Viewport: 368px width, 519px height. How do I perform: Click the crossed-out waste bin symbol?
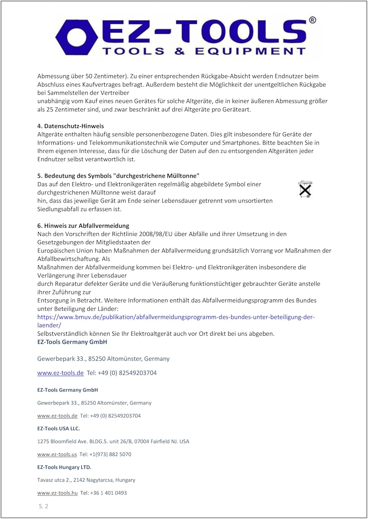click(305, 190)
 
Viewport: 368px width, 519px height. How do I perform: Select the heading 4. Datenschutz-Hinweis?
click(71, 126)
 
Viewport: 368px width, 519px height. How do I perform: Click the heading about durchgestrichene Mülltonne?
click(118, 176)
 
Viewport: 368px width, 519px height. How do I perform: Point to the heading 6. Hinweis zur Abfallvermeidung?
click(83, 226)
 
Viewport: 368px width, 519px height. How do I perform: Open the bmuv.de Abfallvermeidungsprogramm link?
click(176, 317)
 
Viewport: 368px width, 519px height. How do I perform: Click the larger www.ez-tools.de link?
click(60, 373)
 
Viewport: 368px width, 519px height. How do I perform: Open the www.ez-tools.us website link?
click(57, 454)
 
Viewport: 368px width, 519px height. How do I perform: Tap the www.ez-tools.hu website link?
click(58, 493)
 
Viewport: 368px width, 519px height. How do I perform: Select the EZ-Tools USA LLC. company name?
click(59, 428)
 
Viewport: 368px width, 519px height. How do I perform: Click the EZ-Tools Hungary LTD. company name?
click(64, 467)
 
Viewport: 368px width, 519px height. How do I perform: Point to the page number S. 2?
click(43, 506)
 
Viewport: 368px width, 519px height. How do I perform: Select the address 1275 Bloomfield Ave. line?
click(113, 441)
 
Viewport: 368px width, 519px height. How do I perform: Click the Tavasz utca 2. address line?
click(86, 480)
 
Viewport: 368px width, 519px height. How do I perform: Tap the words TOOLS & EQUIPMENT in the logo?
click(204, 51)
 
